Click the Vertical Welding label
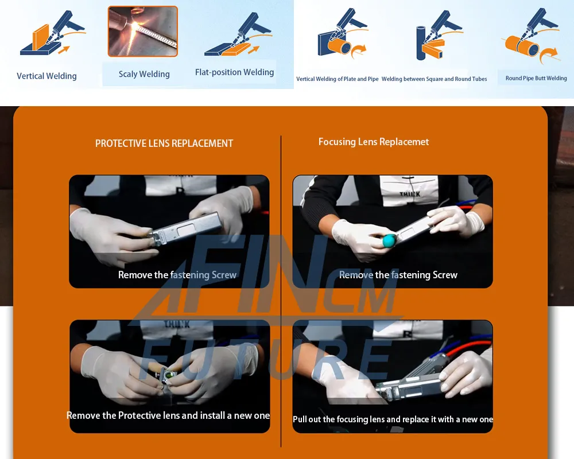click(46, 76)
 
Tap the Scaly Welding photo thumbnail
click(143, 32)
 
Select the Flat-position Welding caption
click(234, 72)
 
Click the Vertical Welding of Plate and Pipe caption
click(337, 79)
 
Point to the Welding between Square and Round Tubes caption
click(434, 79)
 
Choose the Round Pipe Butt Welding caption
click(536, 78)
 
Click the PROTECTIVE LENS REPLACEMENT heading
click(164, 143)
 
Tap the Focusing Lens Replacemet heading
click(374, 142)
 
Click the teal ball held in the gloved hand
click(389, 240)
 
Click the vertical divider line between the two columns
click(281, 291)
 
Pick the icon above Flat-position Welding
click(238, 34)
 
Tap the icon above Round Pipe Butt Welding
click(532, 36)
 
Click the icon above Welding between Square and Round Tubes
click(439, 36)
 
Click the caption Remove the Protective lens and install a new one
click(168, 415)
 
